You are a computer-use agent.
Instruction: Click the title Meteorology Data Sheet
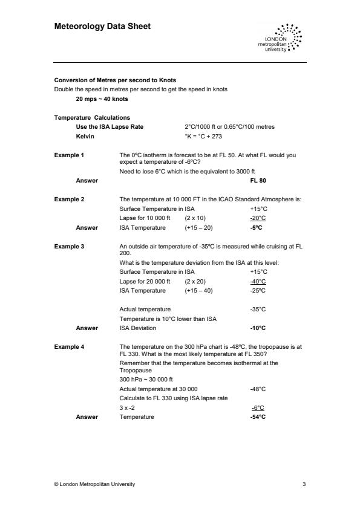[x=102, y=27]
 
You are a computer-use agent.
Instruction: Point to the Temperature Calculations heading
[x=92, y=117]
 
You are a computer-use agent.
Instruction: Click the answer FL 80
[x=258, y=180]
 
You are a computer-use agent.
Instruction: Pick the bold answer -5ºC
[x=258, y=228]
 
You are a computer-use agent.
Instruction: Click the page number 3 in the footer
[x=304, y=484]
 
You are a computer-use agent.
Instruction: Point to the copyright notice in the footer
[x=95, y=484]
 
